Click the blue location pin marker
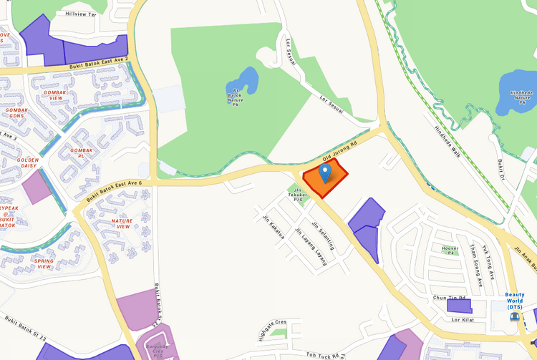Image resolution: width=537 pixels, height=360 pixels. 325,172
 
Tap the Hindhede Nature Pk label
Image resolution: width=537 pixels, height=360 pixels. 521,98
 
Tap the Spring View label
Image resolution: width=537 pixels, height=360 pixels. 44,263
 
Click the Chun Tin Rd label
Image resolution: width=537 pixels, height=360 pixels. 449,297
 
